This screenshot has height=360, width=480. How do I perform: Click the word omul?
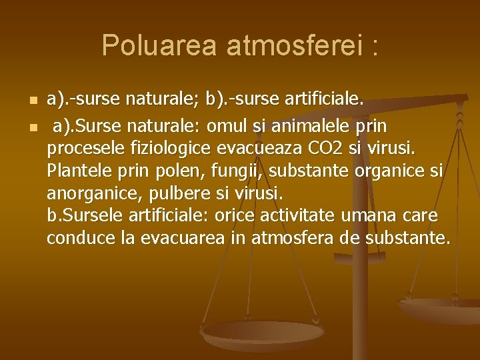(x=227, y=125)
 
